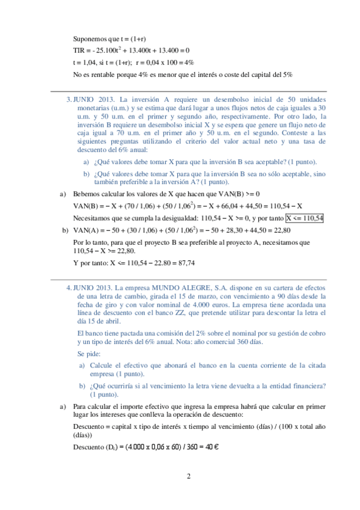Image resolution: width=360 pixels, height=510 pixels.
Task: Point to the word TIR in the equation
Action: [79, 50]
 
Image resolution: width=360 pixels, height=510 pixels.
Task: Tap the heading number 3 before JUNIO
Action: [68, 99]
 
